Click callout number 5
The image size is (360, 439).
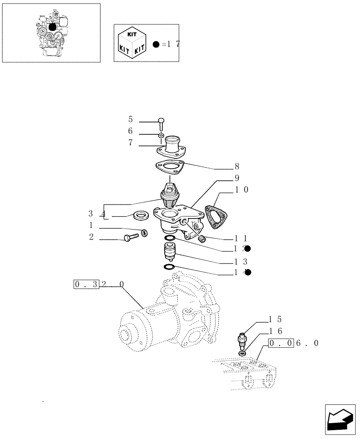[x=130, y=119]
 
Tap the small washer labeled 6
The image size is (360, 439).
[x=161, y=134]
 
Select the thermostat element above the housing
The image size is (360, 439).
[x=169, y=196]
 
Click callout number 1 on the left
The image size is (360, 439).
[x=90, y=225]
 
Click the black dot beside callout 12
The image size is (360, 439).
[x=248, y=248]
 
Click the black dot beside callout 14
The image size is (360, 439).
[x=248, y=272]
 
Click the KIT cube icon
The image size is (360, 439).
[x=130, y=43]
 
